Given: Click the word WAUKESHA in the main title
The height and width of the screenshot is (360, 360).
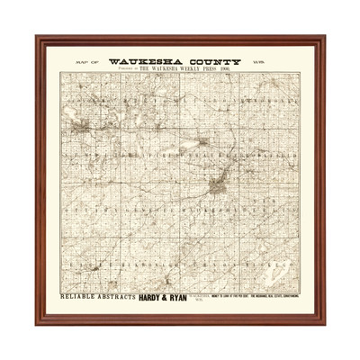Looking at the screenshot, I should (x=145, y=63).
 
